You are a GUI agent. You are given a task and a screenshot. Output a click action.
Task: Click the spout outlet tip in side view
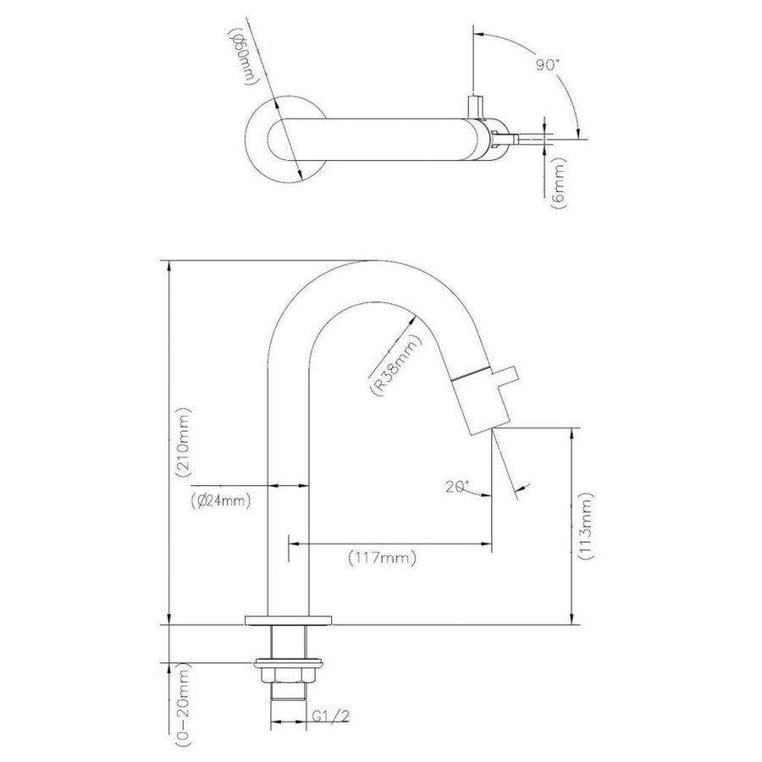tap(489, 426)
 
